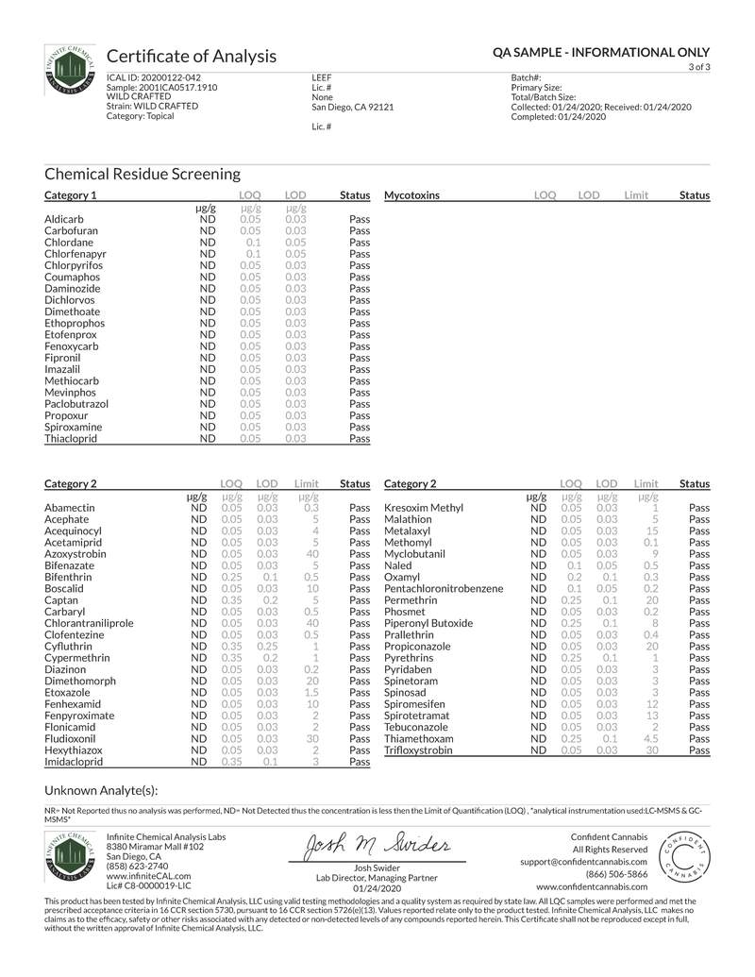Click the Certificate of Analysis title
[x=192, y=56]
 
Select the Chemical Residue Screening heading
[x=142, y=174]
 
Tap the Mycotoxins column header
[x=411, y=195]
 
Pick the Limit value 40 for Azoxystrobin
[x=310, y=554]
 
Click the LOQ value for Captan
[x=231, y=600]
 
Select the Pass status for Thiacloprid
[x=359, y=439]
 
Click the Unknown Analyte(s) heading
[x=101, y=790]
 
